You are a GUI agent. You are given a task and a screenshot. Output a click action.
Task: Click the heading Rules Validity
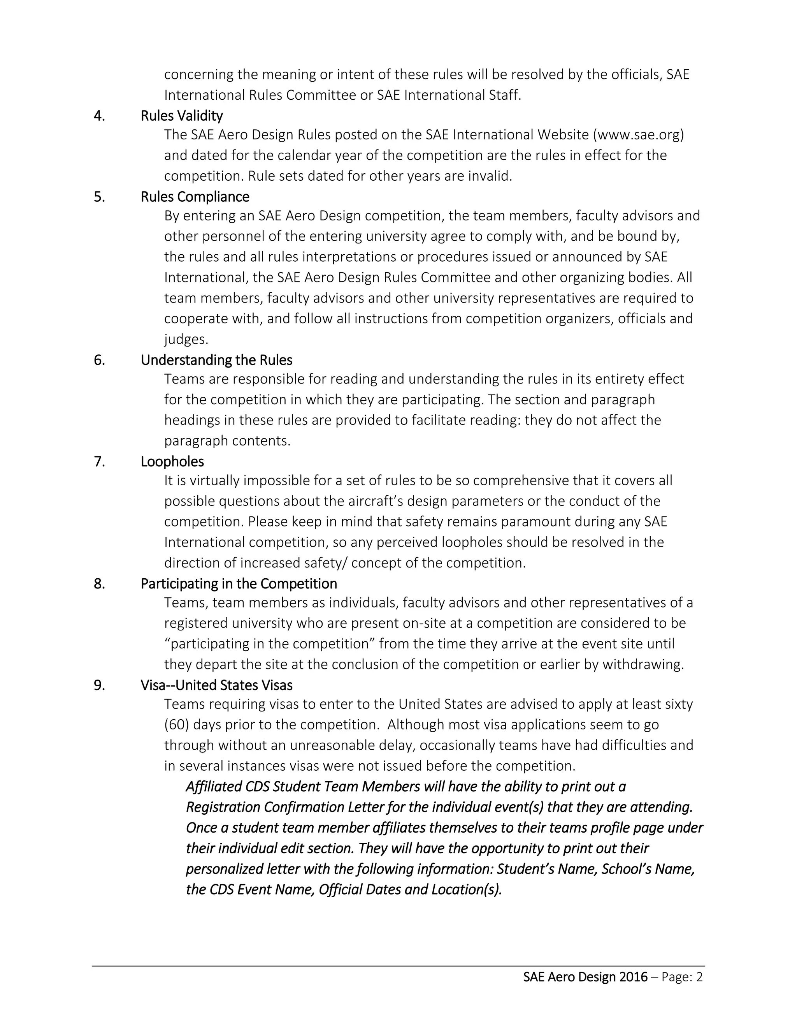tap(182, 116)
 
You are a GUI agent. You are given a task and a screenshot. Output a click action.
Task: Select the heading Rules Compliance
tap(195, 197)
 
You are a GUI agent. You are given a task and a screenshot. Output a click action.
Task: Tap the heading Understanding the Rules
tap(216, 360)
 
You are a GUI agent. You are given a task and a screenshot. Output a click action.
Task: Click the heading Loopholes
tap(172, 461)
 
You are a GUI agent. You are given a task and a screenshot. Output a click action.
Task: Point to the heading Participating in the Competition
tap(239, 584)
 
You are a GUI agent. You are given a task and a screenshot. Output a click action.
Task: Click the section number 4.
tap(99, 116)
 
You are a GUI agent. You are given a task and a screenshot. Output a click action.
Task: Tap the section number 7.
tap(99, 461)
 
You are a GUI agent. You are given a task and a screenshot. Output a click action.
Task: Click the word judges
tap(186, 339)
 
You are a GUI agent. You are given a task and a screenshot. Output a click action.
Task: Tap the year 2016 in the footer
tap(633, 977)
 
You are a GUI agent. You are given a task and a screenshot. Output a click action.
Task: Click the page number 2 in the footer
tap(700, 977)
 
